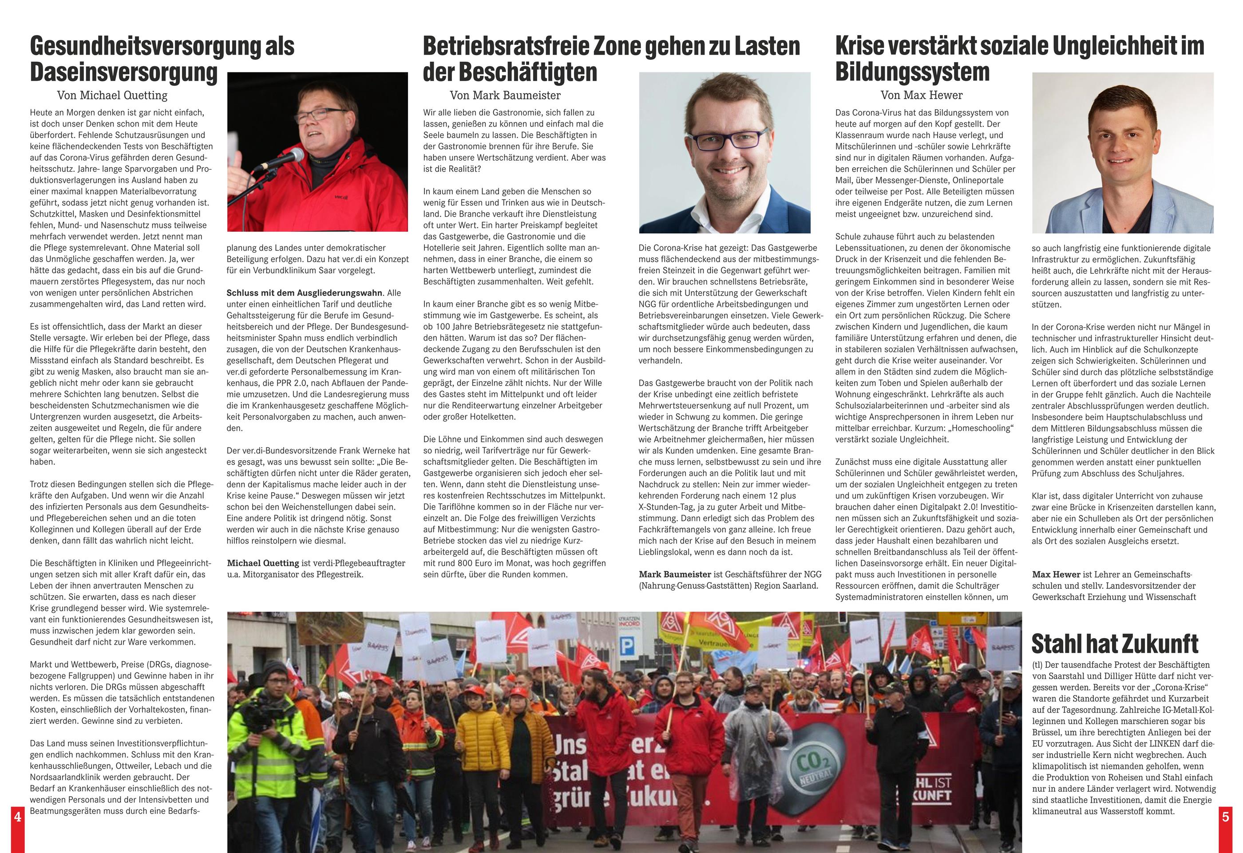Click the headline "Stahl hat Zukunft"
tap(1115, 644)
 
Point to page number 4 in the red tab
tap(17, 817)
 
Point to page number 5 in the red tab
tap(1225, 817)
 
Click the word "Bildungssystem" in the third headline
tap(912, 73)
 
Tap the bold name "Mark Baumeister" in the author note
tap(675, 574)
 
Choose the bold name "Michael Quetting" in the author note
tap(263, 563)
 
